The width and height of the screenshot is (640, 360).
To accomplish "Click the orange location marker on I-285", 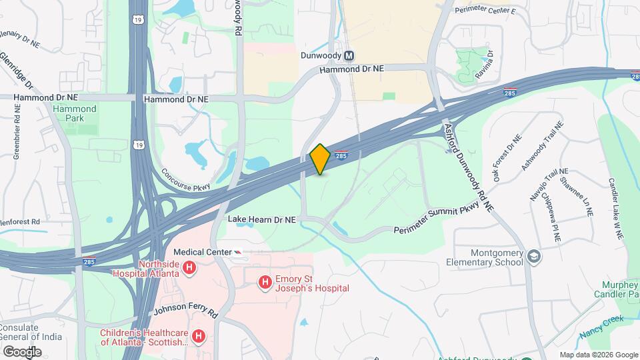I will pos(320,159).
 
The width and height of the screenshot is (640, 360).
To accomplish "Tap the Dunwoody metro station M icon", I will pos(349,56).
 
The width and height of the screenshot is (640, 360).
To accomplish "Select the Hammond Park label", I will pos(75,114).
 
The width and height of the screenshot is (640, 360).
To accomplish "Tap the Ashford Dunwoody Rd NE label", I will pos(469,166).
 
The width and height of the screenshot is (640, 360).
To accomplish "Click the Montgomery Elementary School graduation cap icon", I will pos(534,257).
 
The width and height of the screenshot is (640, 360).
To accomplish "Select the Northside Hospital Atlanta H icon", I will pos(190,269).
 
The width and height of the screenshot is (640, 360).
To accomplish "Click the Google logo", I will pos(22,351).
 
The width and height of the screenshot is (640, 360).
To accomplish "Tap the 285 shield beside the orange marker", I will pos(341,155).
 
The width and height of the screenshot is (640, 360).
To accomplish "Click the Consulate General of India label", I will pos(31,332).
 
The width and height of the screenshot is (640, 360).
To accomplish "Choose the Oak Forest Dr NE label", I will pos(506,157).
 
